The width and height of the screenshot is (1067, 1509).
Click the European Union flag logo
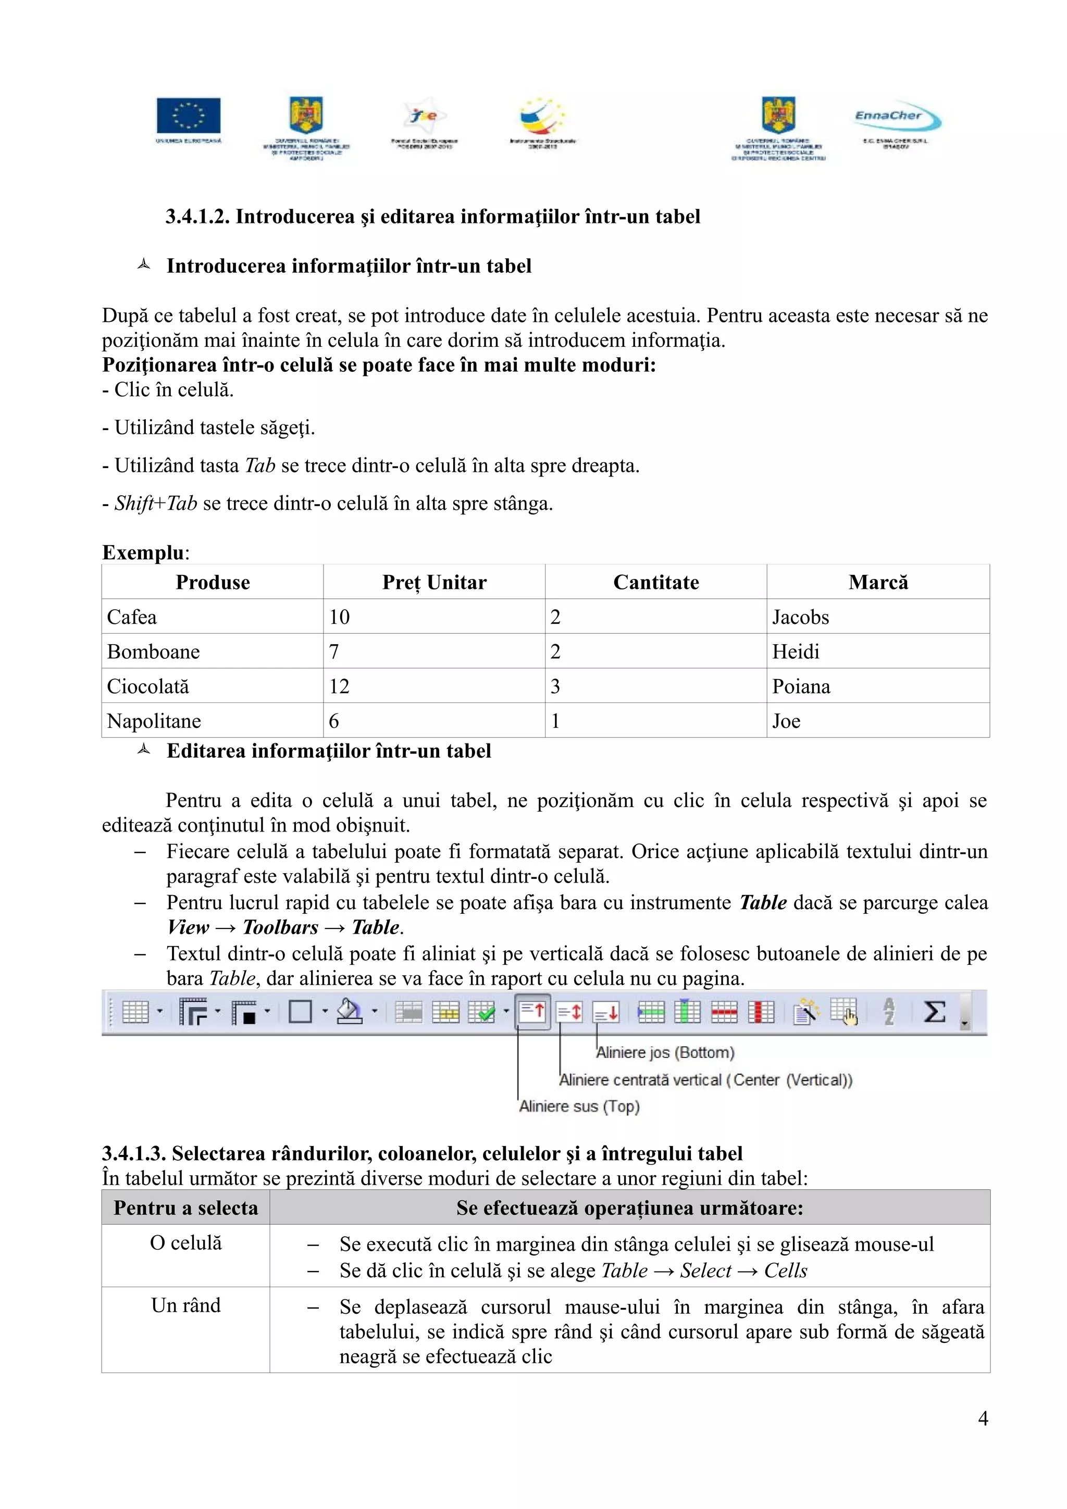coord(188,116)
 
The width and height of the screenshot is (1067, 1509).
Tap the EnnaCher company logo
coord(897,118)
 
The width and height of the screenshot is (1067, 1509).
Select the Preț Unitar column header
coord(434,582)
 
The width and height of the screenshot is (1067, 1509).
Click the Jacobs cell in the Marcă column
coord(800,617)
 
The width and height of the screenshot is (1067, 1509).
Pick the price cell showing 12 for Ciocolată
coord(339,686)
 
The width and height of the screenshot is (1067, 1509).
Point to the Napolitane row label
coord(154,721)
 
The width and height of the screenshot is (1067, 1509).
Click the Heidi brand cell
coord(796,652)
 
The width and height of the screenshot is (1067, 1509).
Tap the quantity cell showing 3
coord(555,686)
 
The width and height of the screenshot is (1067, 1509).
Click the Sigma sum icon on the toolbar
coord(934,1012)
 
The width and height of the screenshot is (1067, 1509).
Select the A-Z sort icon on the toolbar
coord(889,1012)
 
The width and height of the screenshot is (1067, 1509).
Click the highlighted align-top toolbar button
coord(532,1012)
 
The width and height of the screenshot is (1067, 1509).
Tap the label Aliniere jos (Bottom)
coord(665,1052)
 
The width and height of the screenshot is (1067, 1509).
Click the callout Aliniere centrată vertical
coord(705,1080)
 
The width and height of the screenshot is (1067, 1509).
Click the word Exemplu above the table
coord(143,552)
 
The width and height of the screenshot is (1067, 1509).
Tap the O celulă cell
coord(186,1243)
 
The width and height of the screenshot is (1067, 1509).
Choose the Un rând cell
coord(186,1305)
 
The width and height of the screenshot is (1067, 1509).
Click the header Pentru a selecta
coord(186,1208)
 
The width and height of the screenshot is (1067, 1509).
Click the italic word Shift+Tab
coord(156,504)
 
